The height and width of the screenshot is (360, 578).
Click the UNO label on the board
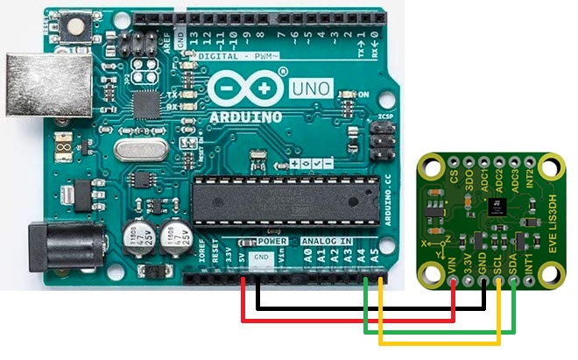[307, 91]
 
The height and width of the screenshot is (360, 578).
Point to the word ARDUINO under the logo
[248, 117]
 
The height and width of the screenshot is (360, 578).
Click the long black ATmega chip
[285, 201]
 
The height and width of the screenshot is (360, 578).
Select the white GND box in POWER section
[260, 258]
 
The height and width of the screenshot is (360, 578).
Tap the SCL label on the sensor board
[497, 262]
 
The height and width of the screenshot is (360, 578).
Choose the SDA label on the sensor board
[512, 262]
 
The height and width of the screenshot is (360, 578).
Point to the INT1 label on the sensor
[528, 262]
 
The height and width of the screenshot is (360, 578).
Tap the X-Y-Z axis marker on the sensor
[435, 238]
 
